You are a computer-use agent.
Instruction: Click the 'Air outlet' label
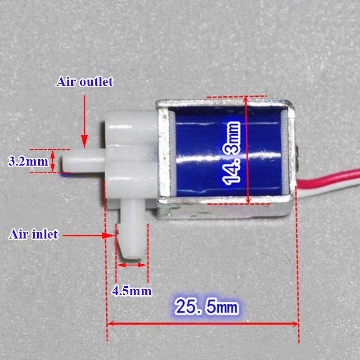[x=85, y=82]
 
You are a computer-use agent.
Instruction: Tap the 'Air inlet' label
[x=33, y=234]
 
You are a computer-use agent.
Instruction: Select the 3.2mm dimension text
[x=28, y=161]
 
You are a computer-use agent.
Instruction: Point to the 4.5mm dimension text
[x=131, y=291]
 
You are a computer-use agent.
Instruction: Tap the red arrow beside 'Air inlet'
[x=88, y=235]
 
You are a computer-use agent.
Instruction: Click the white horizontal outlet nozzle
[x=83, y=158]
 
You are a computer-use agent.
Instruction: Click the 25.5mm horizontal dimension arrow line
[x=202, y=323]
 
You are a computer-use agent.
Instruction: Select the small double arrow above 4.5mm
[x=132, y=265]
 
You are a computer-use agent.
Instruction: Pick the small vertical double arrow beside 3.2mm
[x=53, y=161]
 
